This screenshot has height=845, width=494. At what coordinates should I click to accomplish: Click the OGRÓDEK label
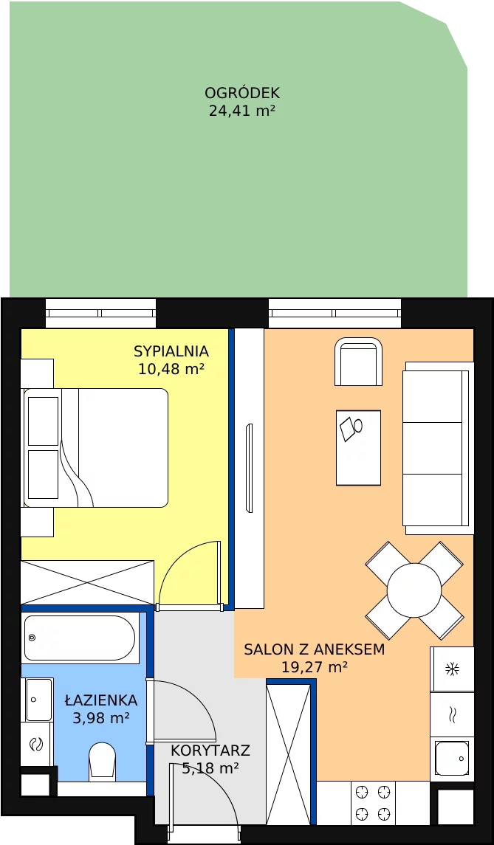[x=242, y=93]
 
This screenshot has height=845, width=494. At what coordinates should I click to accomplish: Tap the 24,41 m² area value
[x=242, y=111]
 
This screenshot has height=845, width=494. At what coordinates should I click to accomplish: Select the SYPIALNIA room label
[x=171, y=351]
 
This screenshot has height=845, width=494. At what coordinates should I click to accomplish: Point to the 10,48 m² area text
[x=171, y=369]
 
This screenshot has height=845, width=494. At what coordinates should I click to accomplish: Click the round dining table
[x=414, y=590]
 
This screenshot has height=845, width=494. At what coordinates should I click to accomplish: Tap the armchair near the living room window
[x=359, y=362]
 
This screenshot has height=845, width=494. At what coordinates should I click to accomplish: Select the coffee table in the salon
[x=358, y=448]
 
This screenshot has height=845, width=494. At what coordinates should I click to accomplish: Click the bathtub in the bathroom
[x=80, y=638]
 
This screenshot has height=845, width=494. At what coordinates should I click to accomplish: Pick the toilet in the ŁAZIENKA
[x=102, y=762]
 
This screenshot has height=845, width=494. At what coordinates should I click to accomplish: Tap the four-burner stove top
[x=373, y=803]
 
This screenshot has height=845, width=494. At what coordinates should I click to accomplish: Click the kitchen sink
[x=452, y=758]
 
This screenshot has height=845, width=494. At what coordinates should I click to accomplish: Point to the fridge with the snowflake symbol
[x=452, y=669]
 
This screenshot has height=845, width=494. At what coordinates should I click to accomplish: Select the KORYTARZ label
[x=210, y=750]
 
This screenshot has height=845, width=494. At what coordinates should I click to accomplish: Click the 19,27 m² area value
[x=315, y=668]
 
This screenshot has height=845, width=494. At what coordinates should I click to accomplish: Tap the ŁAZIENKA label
[x=101, y=700]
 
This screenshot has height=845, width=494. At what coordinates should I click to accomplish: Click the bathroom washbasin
[x=38, y=700]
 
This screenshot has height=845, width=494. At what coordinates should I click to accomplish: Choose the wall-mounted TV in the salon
[x=249, y=468]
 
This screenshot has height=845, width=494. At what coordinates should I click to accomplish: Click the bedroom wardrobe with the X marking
[x=87, y=582]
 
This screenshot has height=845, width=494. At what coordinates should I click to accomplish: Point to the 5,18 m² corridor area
[x=210, y=768]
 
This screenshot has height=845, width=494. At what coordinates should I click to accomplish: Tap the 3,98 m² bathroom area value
[x=101, y=718]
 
